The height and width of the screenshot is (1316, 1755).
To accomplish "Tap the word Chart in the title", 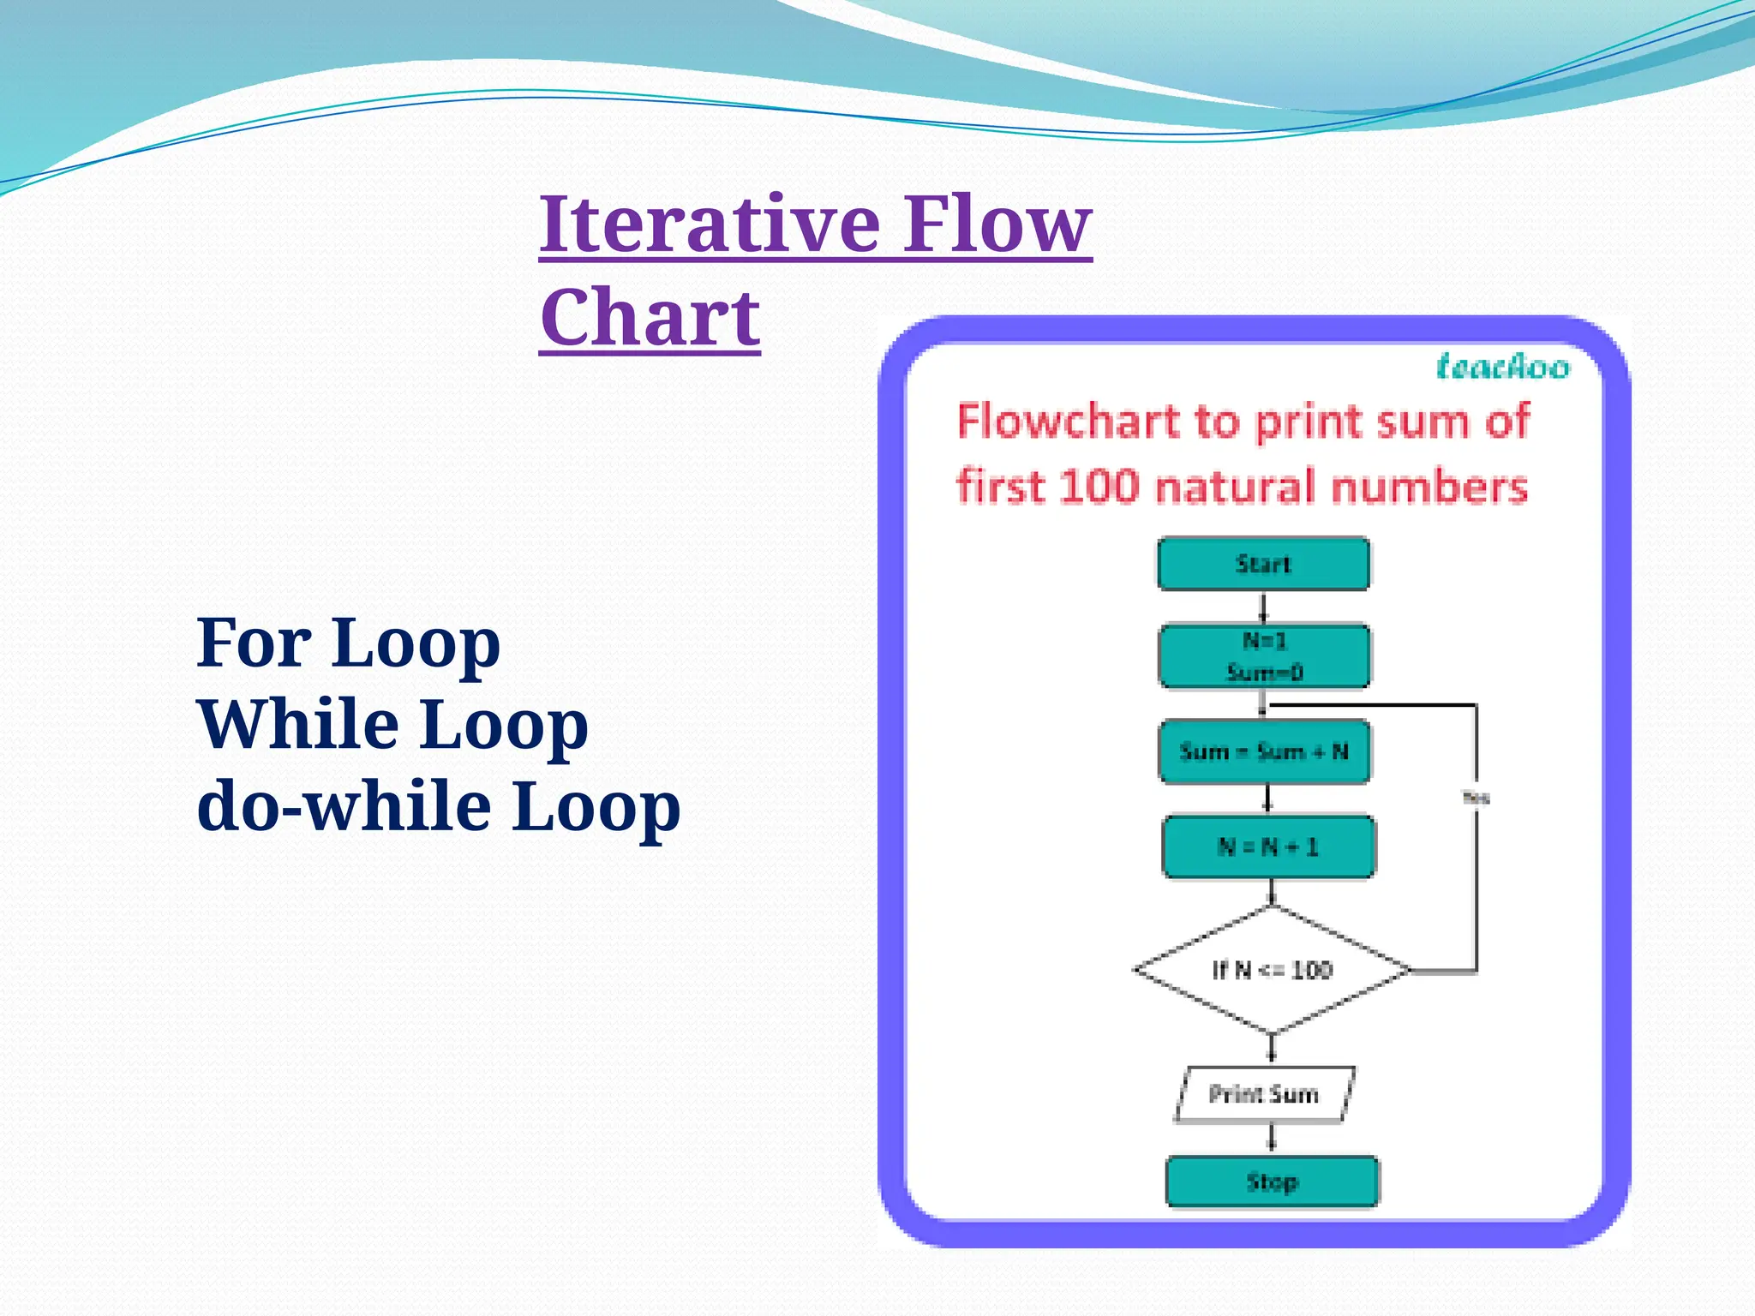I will coord(650,317).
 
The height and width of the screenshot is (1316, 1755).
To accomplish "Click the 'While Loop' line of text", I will coord(392,725).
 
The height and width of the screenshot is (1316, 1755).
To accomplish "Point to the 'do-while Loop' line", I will coord(438,806).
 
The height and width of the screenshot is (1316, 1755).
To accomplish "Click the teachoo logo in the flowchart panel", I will coord(1503,367).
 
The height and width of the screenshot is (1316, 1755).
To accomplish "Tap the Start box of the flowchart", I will coord(1263,564).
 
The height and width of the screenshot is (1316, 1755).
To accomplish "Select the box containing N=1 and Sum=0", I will coord(1264,656).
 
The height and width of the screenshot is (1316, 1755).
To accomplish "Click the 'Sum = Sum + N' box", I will coord(1264,752).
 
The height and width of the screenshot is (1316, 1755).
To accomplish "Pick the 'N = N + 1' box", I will coord(1268,847).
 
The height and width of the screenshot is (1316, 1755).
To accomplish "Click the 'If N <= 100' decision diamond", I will coord(1272,970).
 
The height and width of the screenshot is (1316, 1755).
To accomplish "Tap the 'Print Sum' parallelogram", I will coord(1264,1094).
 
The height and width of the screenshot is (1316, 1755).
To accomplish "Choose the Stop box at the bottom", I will coord(1272,1182).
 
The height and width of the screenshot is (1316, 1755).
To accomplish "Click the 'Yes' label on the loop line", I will coord(1476,798).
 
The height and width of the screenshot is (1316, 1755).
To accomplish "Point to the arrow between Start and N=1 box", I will coord(1263,607).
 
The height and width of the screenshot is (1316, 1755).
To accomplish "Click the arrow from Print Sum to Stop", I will coord(1272,1139).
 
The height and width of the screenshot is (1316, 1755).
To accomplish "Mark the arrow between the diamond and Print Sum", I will coord(1272,1049).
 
